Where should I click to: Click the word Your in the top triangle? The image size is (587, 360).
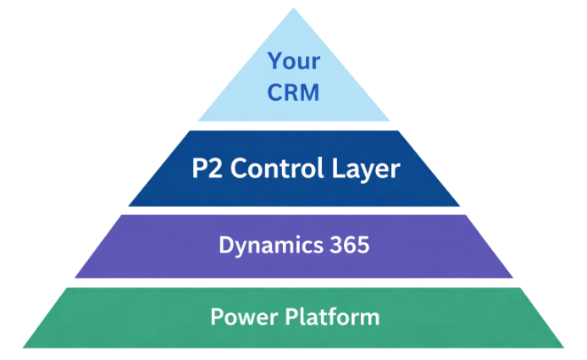tap(294, 61)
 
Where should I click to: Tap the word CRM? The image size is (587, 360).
tap(294, 91)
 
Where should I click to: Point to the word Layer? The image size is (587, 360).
tap(365, 169)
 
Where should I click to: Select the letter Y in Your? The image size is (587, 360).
tap(275, 61)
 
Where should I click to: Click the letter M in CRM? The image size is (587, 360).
tap(311, 91)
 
